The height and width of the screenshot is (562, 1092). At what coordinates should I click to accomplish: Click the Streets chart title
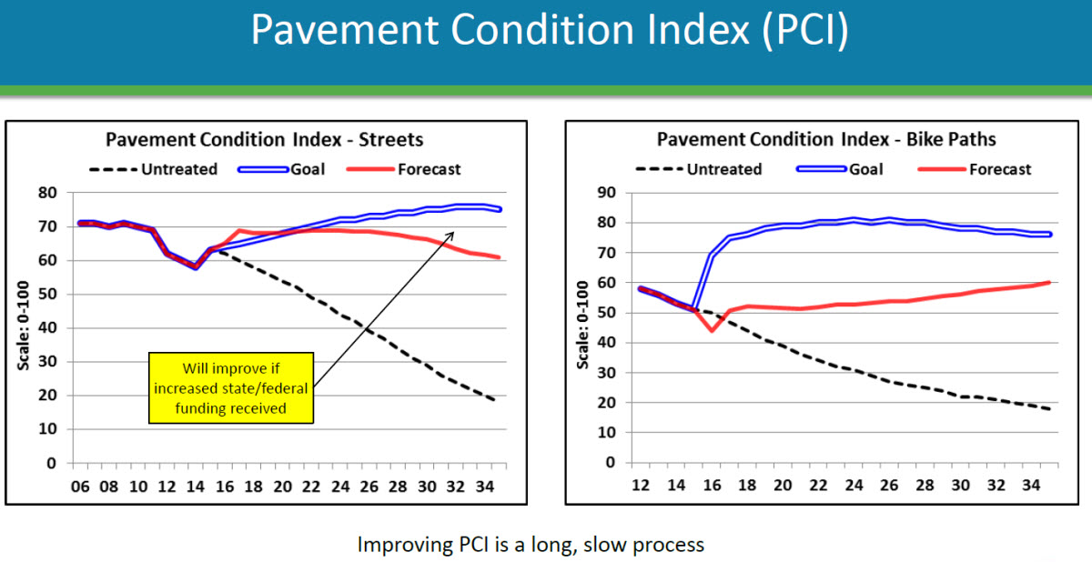(x=265, y=140)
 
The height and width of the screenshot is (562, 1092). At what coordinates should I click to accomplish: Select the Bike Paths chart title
(x=826, y=140)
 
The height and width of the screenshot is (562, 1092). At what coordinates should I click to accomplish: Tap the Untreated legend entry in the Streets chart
(x=154, y=169)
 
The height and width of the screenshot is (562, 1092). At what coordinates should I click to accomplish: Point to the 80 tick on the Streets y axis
(x=47, y=193)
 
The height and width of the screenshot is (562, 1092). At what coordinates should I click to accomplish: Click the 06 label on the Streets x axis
(x=80, y=487)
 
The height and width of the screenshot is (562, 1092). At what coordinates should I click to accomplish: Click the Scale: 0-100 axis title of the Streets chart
(x=25, y=327)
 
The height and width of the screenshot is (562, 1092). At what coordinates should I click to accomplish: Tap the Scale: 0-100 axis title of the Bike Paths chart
(x=583, y=327)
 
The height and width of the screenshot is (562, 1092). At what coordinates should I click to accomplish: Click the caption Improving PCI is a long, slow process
(x=531, y=545)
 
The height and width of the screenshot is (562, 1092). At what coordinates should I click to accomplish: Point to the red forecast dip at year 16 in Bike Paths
(x=712, y=330)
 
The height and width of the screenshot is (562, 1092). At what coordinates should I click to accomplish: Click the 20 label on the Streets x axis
(x=283, y=487)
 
